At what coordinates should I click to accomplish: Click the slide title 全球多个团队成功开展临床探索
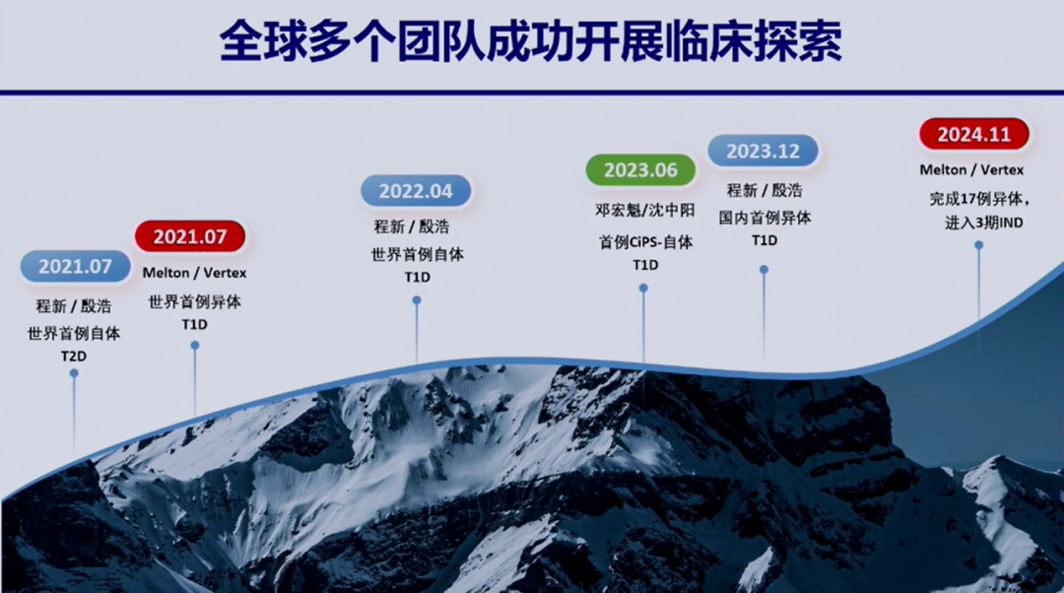point(531,40)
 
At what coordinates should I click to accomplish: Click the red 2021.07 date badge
point(190,236)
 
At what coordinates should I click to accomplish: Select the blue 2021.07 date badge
point(75,266)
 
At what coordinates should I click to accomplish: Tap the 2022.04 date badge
point(416,191)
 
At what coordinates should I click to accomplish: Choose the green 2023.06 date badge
point(640,169)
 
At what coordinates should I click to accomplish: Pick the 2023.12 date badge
point(763,151)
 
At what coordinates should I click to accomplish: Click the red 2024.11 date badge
point(973,134)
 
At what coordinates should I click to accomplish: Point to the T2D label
point(74,357)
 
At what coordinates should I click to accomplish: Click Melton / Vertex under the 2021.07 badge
point(194,273)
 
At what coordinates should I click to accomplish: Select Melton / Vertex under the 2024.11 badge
point(971,169)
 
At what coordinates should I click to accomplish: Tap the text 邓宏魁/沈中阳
point(644,211)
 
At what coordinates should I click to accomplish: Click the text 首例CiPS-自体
point(645,241)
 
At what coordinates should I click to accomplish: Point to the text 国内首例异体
point(765,218)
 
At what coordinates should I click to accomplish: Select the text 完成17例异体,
point(980,199)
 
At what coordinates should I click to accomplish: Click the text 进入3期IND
point(984,223)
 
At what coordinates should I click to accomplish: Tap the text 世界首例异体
point(195,302)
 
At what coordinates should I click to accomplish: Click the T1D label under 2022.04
point(418,277)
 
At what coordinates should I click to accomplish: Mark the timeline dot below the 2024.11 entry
point(978,245)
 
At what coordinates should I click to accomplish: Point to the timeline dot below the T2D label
point(74,373)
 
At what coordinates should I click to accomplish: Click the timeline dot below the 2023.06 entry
point(643,289)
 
